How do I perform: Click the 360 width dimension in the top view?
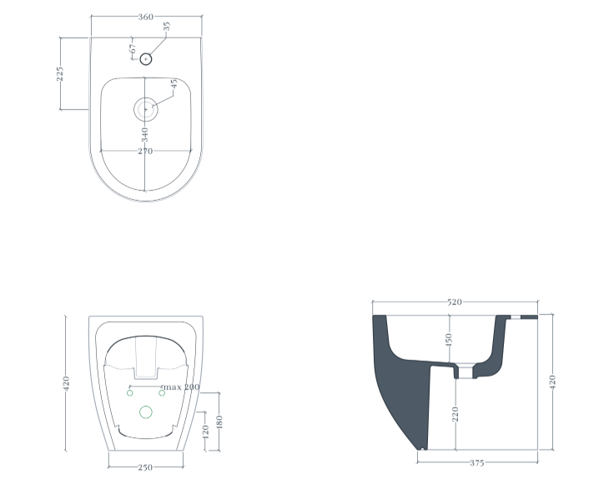[146, 17]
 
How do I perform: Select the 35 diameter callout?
[167, 27]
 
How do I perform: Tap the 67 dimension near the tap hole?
[133, 49]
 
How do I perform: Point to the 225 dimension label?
[59, 74]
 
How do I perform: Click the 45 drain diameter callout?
[174, 83]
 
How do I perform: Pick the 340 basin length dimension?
[145, 135]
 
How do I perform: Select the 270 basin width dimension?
[145, 152]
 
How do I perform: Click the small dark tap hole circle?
[146, 59]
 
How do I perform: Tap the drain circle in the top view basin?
[146, 109]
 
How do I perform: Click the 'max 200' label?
[181, 387]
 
